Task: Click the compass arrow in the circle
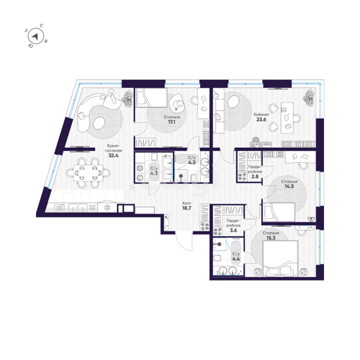click(x=35, y=37)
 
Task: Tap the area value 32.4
click(x=114, y=156)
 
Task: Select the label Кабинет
click(x=261, y=114)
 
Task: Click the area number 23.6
click(x=261, y=119)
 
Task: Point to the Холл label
click(x=186, y=203)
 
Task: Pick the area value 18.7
click(x=187, y=208)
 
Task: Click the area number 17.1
click(x=172, y=122)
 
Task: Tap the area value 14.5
click(x=289, y=186)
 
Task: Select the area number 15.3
click(x=271, y=238)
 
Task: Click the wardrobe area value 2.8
click(x=255, y=177)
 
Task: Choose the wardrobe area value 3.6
click(x=233, y=230)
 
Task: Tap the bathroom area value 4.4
click(x=236, y=259)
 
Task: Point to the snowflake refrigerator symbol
click(x=107, y=208)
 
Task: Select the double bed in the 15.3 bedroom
click(x=280, y=258)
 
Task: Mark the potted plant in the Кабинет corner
click(x=309, y=98)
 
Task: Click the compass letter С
click(x=42, y=25)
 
